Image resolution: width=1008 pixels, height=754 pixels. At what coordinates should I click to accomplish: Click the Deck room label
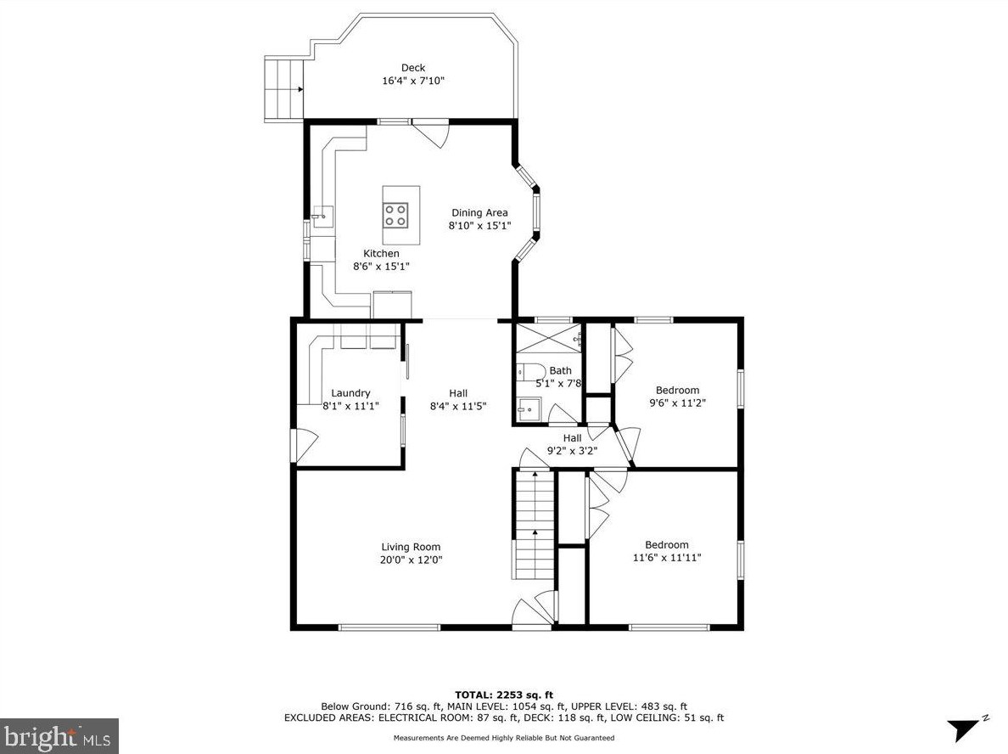(x=413, y=68)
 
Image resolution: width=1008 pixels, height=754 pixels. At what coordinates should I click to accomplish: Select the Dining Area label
(x=479, y=212)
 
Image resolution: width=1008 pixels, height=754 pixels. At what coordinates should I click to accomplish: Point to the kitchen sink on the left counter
(x=320, y=217)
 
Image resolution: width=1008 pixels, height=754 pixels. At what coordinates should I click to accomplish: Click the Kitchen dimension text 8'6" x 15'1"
(x=381, y=266)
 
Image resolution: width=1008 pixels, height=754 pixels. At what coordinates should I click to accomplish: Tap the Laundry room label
(x=350, y=392)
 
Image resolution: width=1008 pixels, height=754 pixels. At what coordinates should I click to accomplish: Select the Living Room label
(x=411, y=547)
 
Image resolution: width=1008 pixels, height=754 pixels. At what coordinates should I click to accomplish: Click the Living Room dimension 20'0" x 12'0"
(x=411, y=560)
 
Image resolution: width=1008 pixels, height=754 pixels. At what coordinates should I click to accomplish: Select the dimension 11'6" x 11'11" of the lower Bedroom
(x=666, y=558)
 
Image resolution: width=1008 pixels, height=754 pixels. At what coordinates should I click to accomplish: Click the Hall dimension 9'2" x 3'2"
(x=572, y=451)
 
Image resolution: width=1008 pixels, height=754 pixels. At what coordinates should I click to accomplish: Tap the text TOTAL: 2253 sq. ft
(x=503, y=695)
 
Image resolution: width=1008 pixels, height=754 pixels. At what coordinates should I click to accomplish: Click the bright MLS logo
(x=59, y=735)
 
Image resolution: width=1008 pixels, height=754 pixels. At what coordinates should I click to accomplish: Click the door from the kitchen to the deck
(x=432, y=133)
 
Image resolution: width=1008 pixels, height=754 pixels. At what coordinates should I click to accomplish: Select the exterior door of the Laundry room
(x=304, y=445)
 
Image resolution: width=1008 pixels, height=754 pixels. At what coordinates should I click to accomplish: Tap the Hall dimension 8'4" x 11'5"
(x=457, y=406)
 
